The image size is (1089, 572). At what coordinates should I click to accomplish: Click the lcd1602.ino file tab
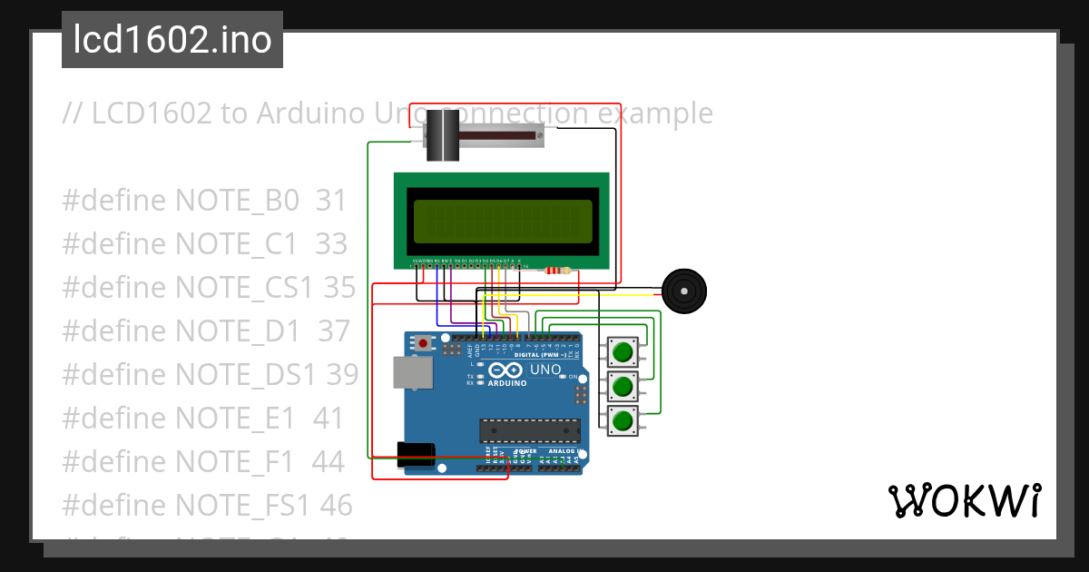[172, 41]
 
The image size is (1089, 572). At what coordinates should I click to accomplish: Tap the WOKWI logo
[964, 501]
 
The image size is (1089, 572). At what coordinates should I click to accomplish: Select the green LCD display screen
[502, 221]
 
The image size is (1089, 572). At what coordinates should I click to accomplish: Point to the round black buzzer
[682, 291]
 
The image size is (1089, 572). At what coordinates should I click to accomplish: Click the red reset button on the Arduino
[423, 343]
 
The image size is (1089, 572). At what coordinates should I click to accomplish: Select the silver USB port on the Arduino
[411, 372]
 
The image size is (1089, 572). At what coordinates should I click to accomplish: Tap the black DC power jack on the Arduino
[416, 453]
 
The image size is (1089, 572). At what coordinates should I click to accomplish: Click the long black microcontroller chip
[529, 429]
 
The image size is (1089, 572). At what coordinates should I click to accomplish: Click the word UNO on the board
[545, 370]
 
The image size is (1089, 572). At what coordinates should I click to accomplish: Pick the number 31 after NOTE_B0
[331, 200]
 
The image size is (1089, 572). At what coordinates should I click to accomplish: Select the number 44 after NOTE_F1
[328, 461]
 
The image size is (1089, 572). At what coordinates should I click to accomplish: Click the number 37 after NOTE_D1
[333, 330]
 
